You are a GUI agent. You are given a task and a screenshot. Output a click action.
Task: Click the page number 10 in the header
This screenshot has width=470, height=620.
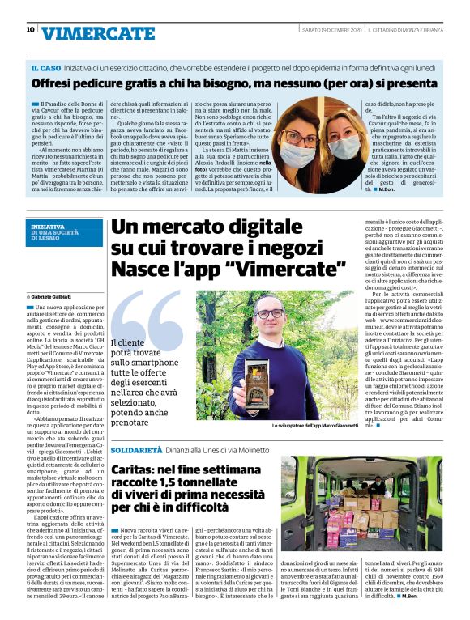click(x=30, y=30)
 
